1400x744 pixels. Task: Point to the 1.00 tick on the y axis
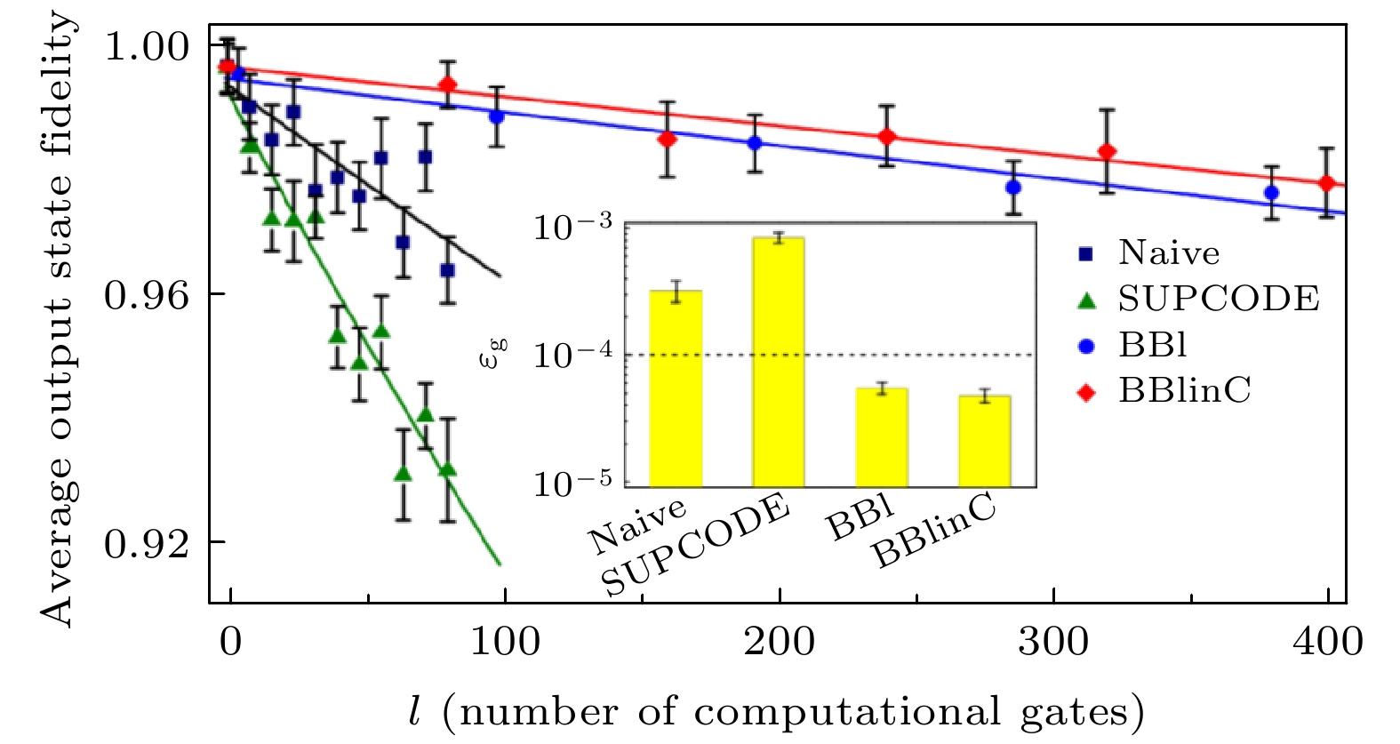[148, 46]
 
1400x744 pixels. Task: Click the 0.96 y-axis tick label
[148, 295]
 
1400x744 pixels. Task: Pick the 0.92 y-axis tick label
[148, 543]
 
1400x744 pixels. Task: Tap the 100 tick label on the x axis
[505, 641]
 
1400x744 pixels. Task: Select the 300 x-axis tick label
[1053, 641]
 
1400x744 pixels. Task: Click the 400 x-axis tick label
[1328, 641]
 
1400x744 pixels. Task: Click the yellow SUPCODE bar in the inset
[779, 362]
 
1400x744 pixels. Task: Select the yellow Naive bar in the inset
[676, 388]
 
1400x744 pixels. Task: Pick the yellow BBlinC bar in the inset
[984, 441]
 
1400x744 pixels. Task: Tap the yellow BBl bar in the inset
[882, 437]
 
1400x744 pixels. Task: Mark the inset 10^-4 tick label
[573, 355]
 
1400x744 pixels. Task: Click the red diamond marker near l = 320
[1107, 152]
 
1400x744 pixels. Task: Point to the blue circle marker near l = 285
[1013, 188]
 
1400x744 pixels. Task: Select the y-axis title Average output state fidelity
[57, 320]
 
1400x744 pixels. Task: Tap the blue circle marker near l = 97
[497, 116]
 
